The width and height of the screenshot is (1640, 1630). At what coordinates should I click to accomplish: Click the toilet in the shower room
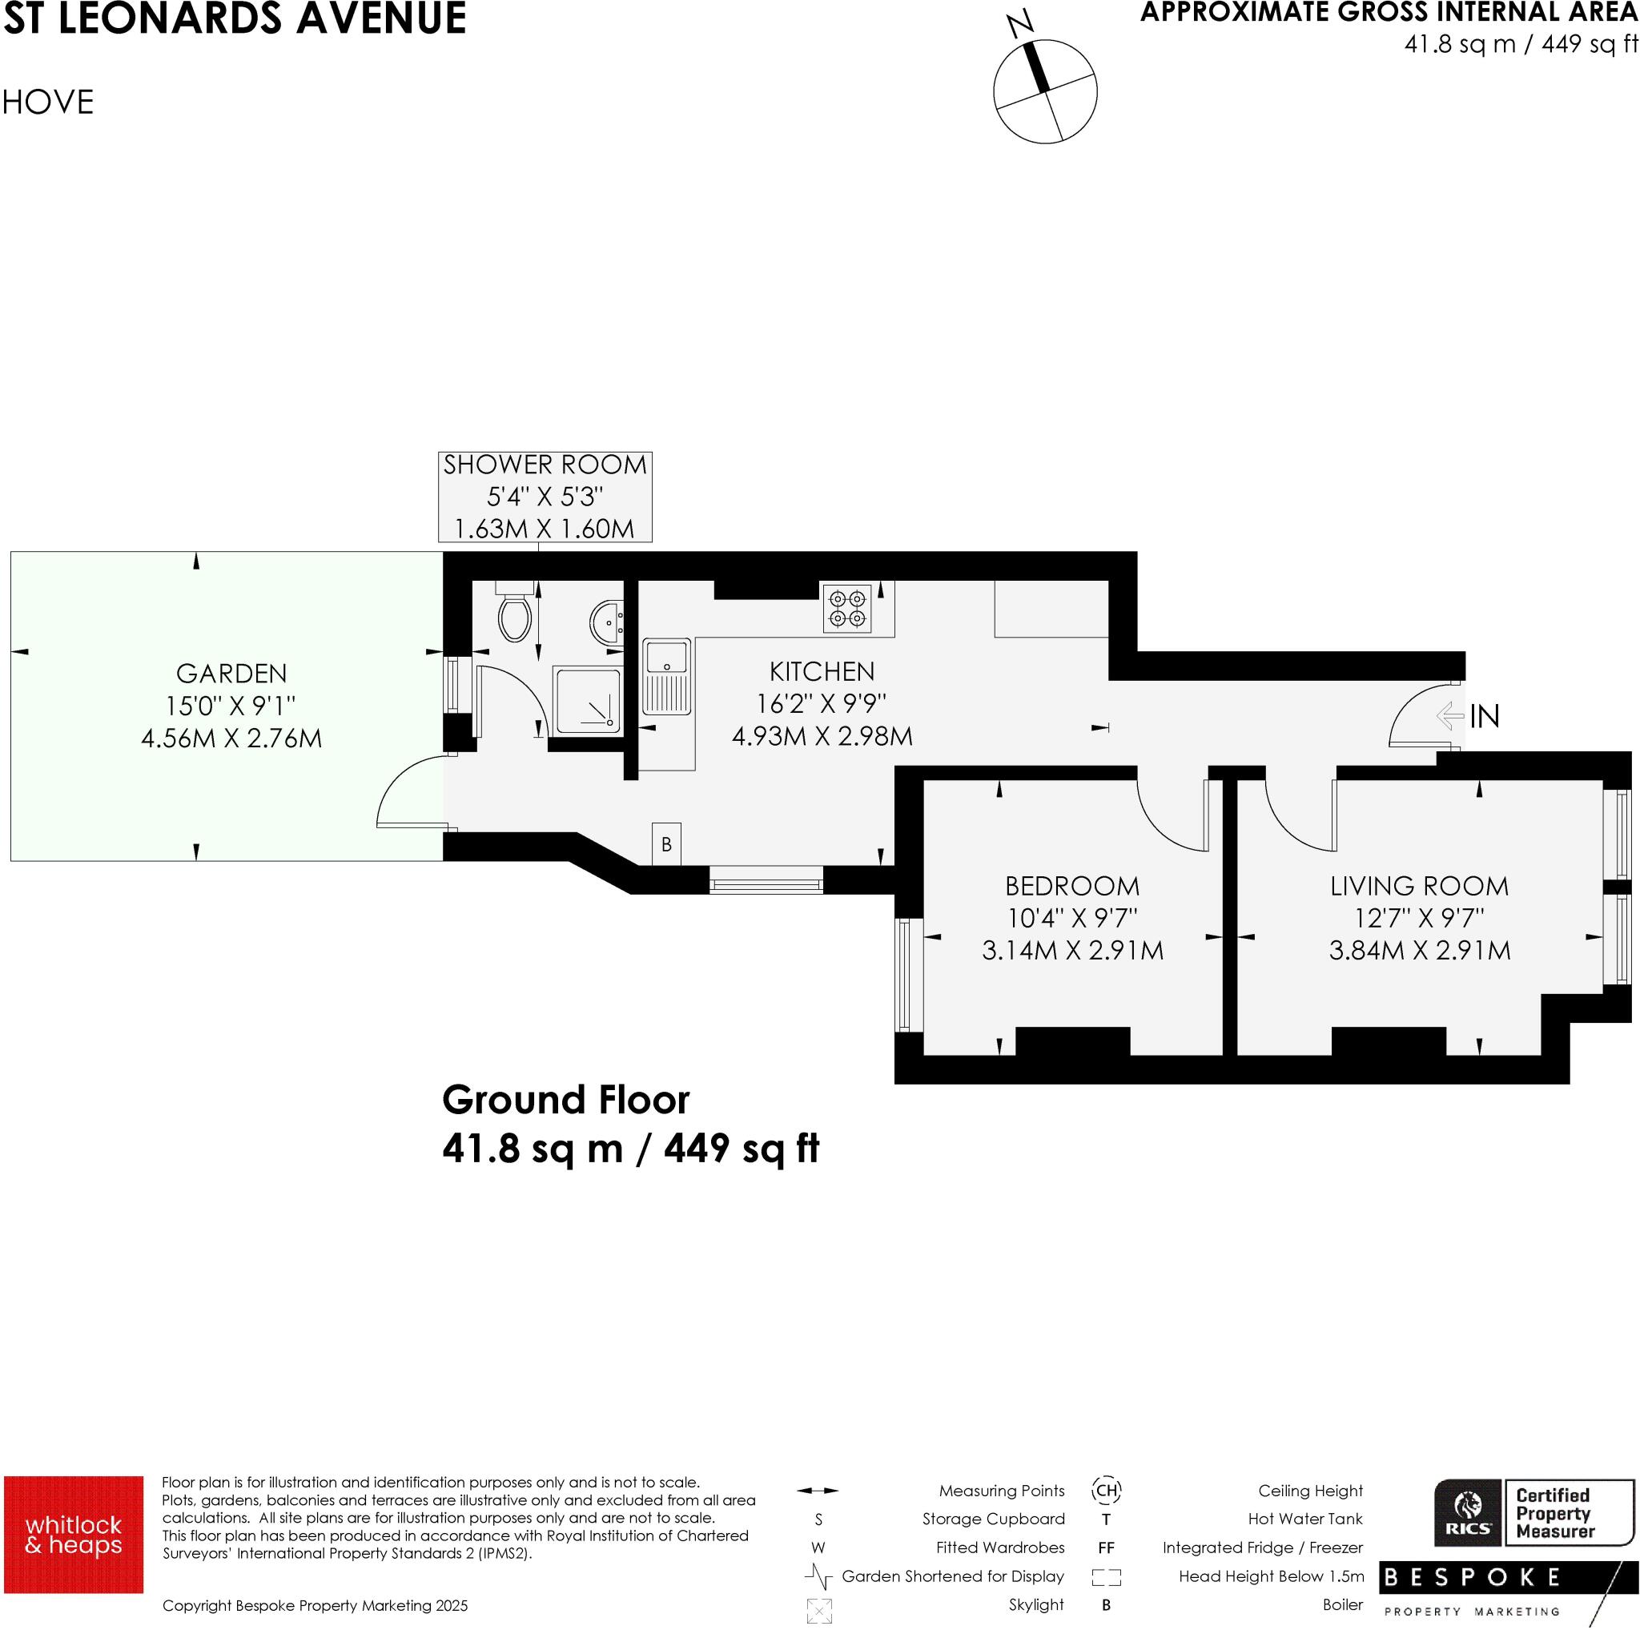(x=515, y=614)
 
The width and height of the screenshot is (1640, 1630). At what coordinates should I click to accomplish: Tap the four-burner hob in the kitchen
(x=846, y=609)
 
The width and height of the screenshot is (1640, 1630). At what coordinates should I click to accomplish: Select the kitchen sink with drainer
(x=667, y=677)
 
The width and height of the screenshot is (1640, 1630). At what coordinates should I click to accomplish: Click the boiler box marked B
(x=666, y=844)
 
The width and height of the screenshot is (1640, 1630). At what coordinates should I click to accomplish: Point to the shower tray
(x=586, y=701)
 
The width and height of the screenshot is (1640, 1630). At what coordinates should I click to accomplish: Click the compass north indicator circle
(x=1045, y=91)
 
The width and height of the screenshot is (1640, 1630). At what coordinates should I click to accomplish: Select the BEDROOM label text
(x=1071, y=887)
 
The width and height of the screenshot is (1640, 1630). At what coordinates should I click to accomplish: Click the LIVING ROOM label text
(x=1418, y=887)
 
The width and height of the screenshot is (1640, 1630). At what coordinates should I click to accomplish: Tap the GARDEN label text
(x=231, y=673)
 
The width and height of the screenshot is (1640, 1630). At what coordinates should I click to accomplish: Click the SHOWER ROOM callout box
(x=545, y=497)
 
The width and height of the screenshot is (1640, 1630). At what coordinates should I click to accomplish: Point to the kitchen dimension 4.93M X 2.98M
(x=822, y=736)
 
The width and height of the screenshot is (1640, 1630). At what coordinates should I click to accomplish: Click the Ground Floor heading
(x=565, y=1101)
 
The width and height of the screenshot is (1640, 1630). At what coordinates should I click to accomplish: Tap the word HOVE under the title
(x=48, y=103)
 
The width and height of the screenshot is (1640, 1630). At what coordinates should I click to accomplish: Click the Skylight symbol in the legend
(x=818, y=1611)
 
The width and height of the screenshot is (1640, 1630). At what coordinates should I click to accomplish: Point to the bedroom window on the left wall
(x=903, y=975)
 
